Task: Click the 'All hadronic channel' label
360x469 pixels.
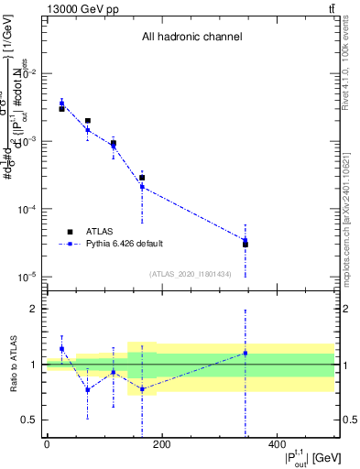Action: (x=191, y=38)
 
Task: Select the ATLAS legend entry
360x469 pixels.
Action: (x=100, y=232)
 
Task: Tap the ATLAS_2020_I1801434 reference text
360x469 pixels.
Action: (x=191, y=274)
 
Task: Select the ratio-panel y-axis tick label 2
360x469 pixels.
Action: (x=34, y=309)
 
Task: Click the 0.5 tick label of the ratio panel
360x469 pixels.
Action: (x=30, y=420)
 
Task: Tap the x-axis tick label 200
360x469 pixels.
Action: (x=161, y=444)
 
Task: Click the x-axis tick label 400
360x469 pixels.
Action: (x=276, y=444)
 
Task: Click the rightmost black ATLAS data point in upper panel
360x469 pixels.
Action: (x=245, y=244)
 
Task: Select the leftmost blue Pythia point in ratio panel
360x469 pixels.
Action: (x=61, y=349)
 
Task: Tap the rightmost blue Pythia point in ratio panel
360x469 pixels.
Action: (x=245, y=353)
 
